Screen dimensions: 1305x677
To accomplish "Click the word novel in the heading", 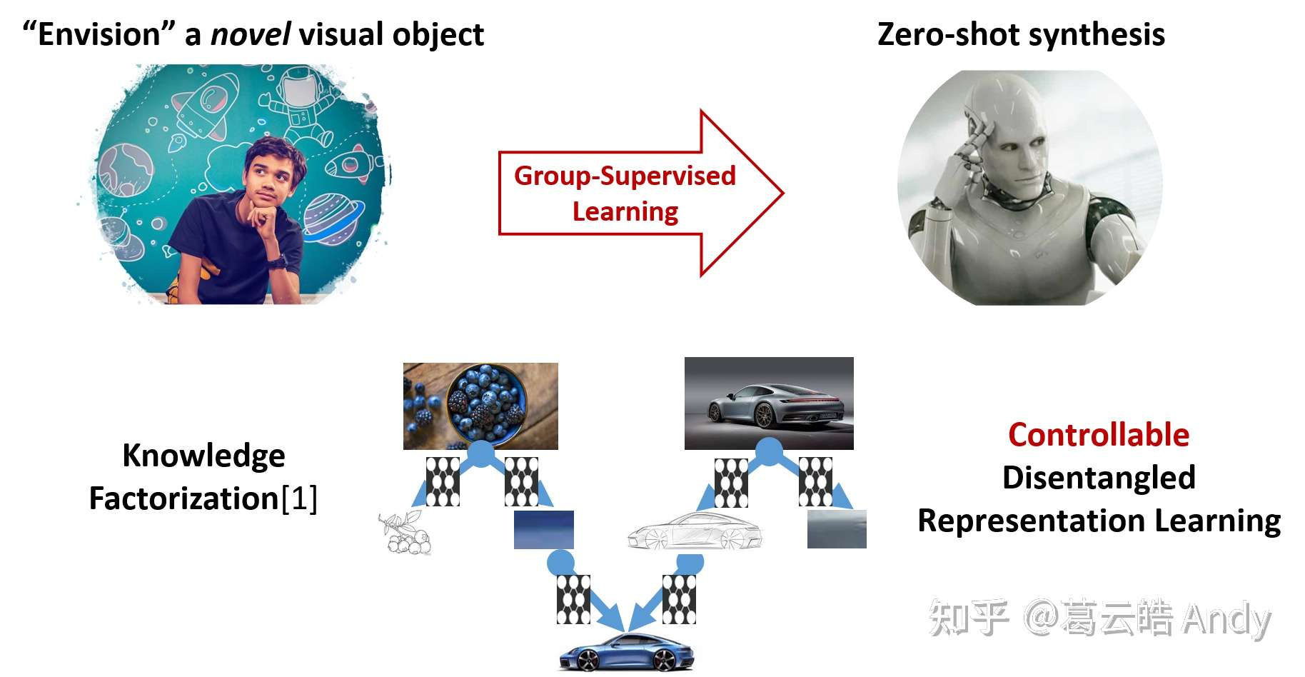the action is [x=250, y=34].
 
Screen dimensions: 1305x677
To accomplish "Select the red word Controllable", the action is [x=1098, y=435].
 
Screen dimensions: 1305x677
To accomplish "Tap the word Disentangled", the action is [x=1098, y=478].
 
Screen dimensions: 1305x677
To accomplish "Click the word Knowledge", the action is [x=203, y=456].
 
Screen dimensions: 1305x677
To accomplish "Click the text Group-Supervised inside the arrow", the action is [x=625, y=176].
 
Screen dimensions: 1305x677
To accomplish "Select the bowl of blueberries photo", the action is [x=480, y=406].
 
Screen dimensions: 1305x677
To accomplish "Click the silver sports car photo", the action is [x=769, y=403].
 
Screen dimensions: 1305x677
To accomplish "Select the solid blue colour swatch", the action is [x=543, y=529].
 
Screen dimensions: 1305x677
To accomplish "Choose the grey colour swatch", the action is [x=837, y=529].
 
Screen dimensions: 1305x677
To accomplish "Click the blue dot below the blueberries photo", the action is [x=481, y=453].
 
